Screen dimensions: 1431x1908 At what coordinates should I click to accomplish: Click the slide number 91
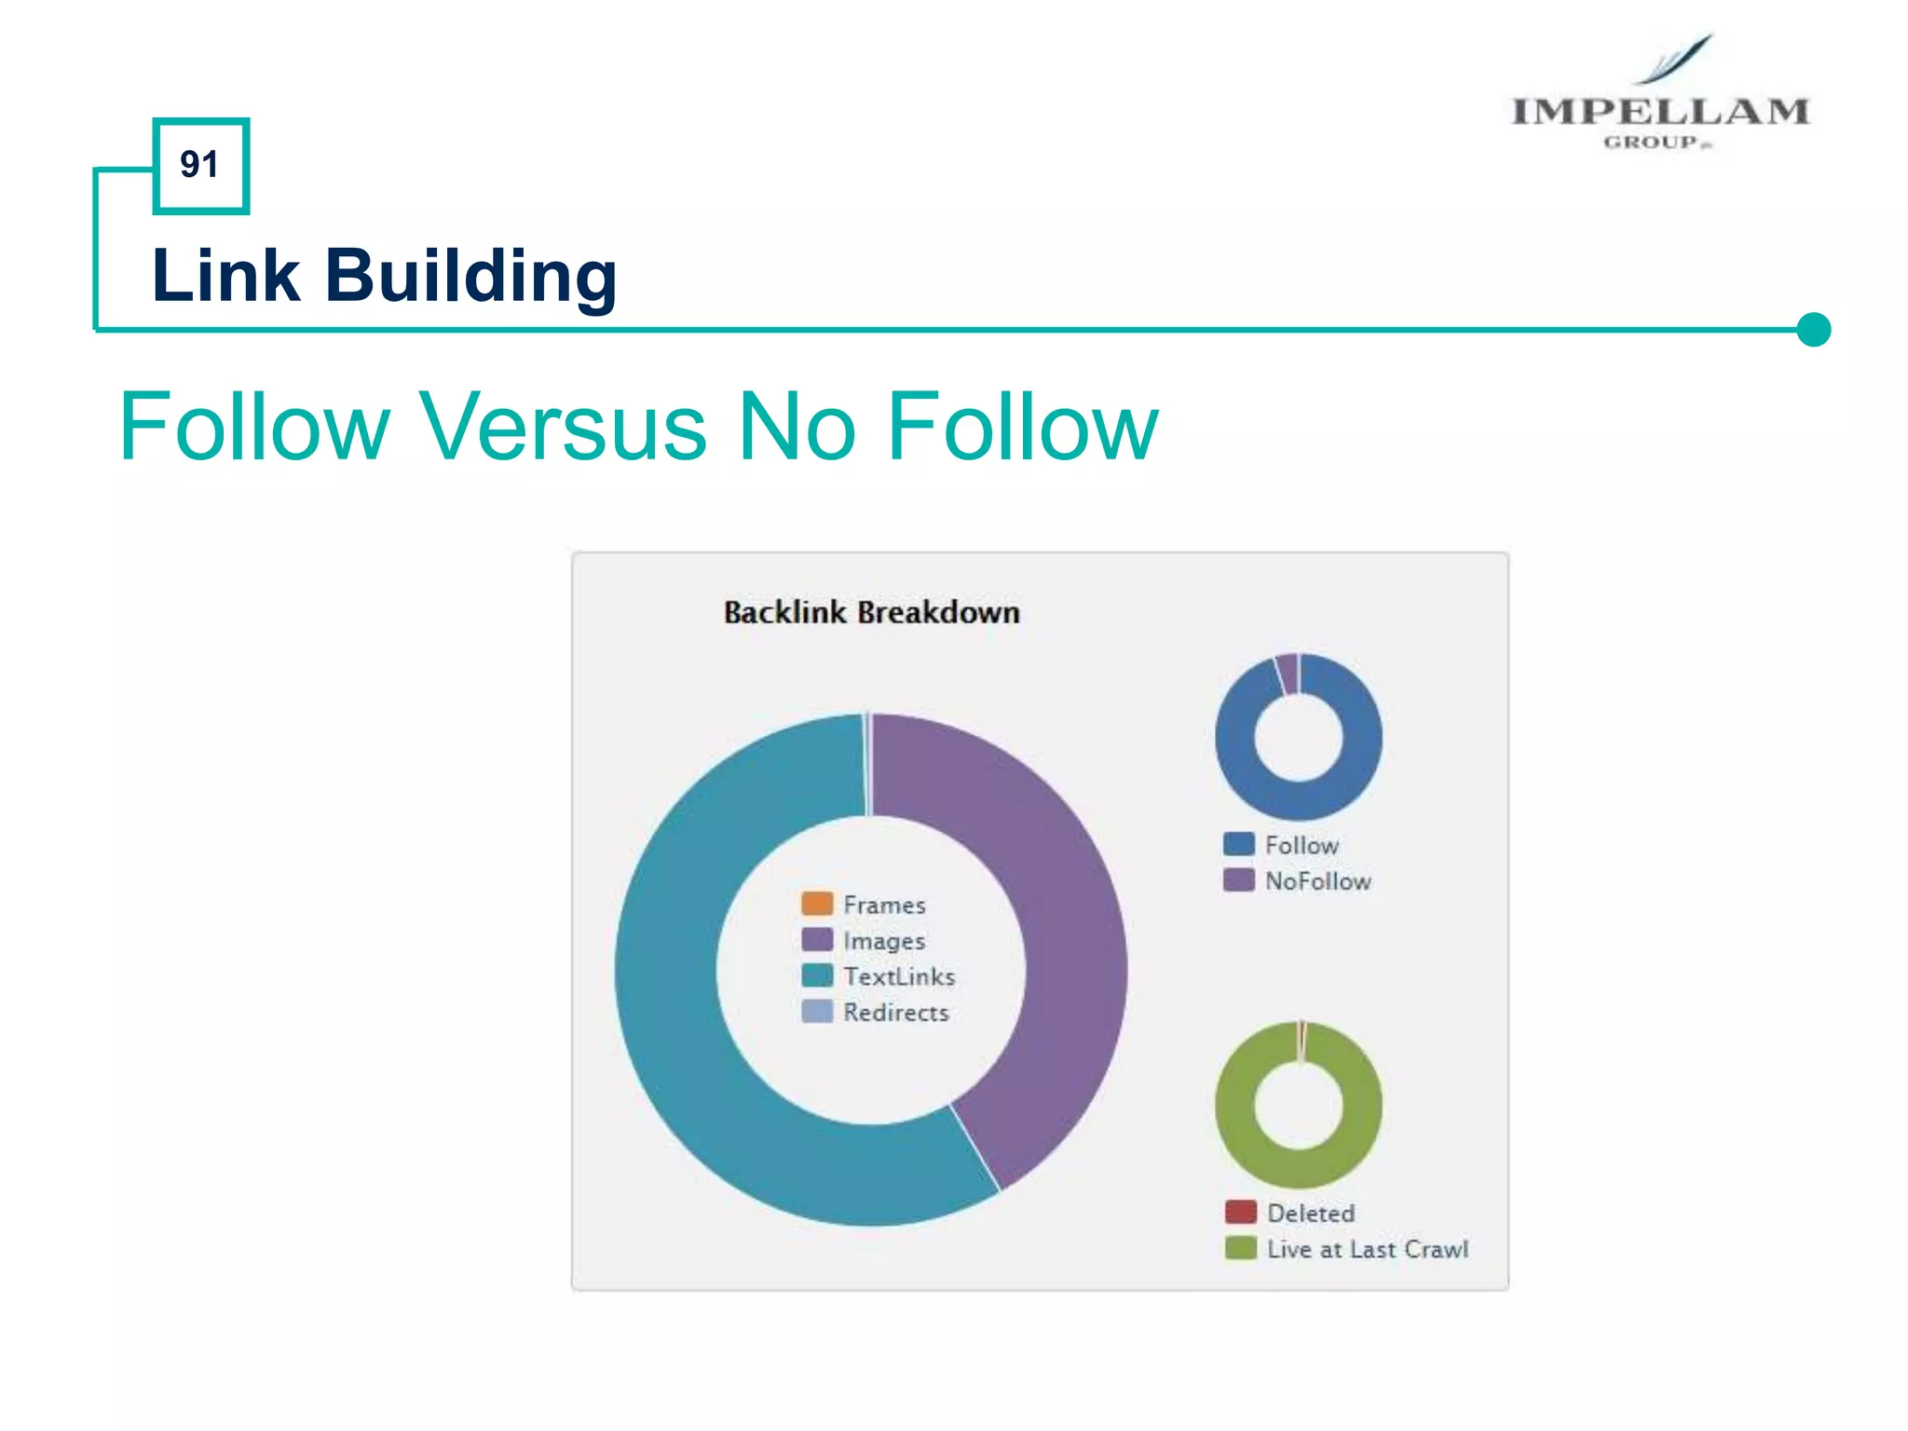pyautogui.click(x=199, y=165)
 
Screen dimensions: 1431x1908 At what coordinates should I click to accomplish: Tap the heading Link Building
pyautogui.click(x=384, y=276)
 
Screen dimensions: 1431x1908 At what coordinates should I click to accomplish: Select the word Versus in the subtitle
pyautogui.click(x=563, y=427)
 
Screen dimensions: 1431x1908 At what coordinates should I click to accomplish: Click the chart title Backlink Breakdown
pyautogui.click(x=871, y=612)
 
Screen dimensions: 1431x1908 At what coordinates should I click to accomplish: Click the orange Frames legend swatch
pyautogui.click(x=816, y=904)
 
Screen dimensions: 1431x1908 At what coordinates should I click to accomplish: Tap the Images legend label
pyautogui.click(x=883, y=941)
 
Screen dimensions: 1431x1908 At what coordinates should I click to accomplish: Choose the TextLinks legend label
pyautogui.click(x=898, y=976)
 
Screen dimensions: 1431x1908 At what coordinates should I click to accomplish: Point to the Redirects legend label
pyautogui.click(x=895, y=1013)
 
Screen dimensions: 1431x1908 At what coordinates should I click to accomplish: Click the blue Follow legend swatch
pyautogui.click(x=1238, y=844)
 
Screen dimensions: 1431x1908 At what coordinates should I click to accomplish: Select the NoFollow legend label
pyautogui.click(x=1317, y=881)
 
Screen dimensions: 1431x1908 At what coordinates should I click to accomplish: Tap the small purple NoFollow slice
pyautogui.click(x=1288, y=674)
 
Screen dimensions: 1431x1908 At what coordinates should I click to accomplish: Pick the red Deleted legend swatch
pyautogui.click(x=1240, y=1212)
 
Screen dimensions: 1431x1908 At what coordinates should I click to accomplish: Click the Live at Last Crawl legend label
pyautogui.click(x=1367, y=1249)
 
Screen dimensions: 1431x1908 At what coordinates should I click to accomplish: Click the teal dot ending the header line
pyautogui.click(x=1813, y=329)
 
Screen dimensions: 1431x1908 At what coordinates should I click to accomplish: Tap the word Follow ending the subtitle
pyautogui.click(x=1023, y=427)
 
